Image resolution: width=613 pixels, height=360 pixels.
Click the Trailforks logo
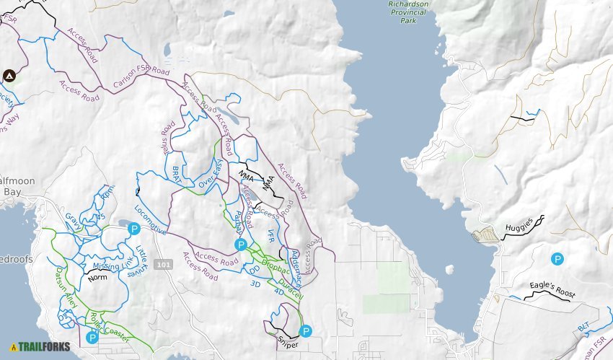[40, 346]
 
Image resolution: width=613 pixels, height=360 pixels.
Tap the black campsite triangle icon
[9, 76]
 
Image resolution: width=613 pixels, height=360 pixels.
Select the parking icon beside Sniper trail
[306, 332]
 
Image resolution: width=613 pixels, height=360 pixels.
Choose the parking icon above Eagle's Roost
[557, 258]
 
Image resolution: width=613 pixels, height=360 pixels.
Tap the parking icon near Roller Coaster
[92, 337]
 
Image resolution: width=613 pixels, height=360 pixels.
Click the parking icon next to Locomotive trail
[133, 229]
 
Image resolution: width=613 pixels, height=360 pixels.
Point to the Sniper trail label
[287, 345]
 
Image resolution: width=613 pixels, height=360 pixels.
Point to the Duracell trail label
[291, 284]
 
